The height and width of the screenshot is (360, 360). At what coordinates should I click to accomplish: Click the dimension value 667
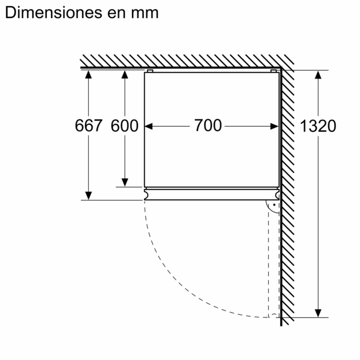(x=88, y=126)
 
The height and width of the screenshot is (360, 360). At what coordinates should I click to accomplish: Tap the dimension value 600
(x=125, y=126)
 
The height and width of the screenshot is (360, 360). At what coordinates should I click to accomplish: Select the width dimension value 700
(x=208, y=126)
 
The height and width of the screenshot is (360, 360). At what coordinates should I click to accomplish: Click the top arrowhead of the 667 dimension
(x=88, y=74)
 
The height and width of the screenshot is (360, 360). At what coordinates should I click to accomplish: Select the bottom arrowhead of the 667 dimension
(x=88, y=196)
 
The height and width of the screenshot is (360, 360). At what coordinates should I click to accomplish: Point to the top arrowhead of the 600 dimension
(x=125, y=74)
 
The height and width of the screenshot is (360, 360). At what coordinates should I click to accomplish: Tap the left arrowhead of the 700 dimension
(x=150, y=126)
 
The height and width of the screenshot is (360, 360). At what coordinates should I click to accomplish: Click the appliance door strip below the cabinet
(x=212, y=194)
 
